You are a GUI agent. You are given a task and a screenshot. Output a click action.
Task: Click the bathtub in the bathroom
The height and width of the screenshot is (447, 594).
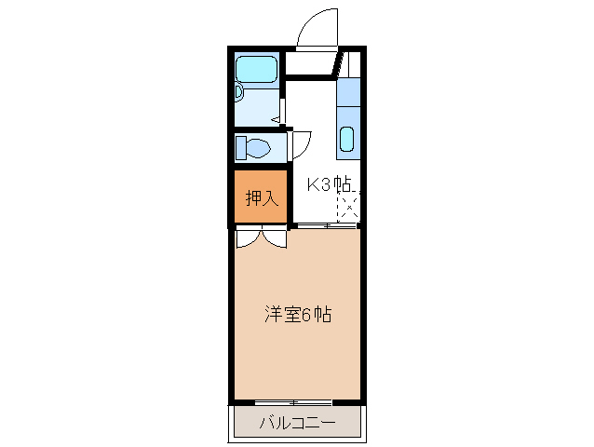(x=256, y=69)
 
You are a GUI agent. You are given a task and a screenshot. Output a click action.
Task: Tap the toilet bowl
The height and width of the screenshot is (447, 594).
(x=258, y=147)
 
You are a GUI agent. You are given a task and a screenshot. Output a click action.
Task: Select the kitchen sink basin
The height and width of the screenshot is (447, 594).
(x=346, y=139)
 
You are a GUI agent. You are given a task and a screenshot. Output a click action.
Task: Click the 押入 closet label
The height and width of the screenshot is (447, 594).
(x=261, y=197)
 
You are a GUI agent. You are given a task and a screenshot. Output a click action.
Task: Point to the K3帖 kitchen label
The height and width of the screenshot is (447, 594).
(x=330, y=184)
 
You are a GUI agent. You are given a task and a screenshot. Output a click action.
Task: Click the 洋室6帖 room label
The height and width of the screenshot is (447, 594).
(x=296, y=315)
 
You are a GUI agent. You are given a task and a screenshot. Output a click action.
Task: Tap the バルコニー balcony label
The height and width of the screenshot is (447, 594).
(x=295, y=424)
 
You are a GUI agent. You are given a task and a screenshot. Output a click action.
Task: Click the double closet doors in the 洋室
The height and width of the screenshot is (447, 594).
(x=261, y=238)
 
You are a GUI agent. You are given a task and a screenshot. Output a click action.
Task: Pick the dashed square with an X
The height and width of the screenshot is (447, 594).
(x=346, y=208)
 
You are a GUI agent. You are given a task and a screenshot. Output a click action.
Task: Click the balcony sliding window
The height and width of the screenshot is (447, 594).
(x=295, y=401)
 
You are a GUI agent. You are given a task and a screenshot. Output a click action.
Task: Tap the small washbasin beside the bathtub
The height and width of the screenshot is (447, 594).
(x=239, y=92)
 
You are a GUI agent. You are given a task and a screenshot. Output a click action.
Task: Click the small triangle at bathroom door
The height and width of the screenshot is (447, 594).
(x=276, y=118)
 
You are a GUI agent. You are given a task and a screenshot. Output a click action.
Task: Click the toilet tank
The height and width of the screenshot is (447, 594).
(x=241, y=147)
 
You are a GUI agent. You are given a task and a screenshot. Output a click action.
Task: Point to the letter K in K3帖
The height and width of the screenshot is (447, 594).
(x=314, y=184)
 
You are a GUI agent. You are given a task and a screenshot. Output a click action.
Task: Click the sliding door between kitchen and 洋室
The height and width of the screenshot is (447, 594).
(x=326, y=225)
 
